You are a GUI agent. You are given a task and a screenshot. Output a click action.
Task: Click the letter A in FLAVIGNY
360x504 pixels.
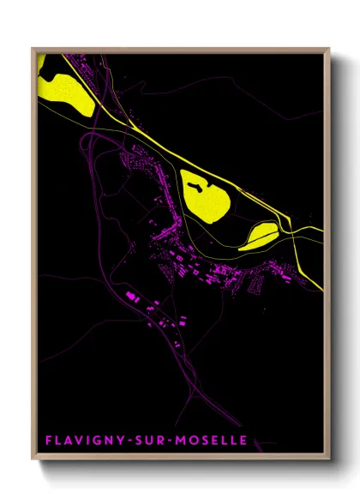click(x=67, y=441)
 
